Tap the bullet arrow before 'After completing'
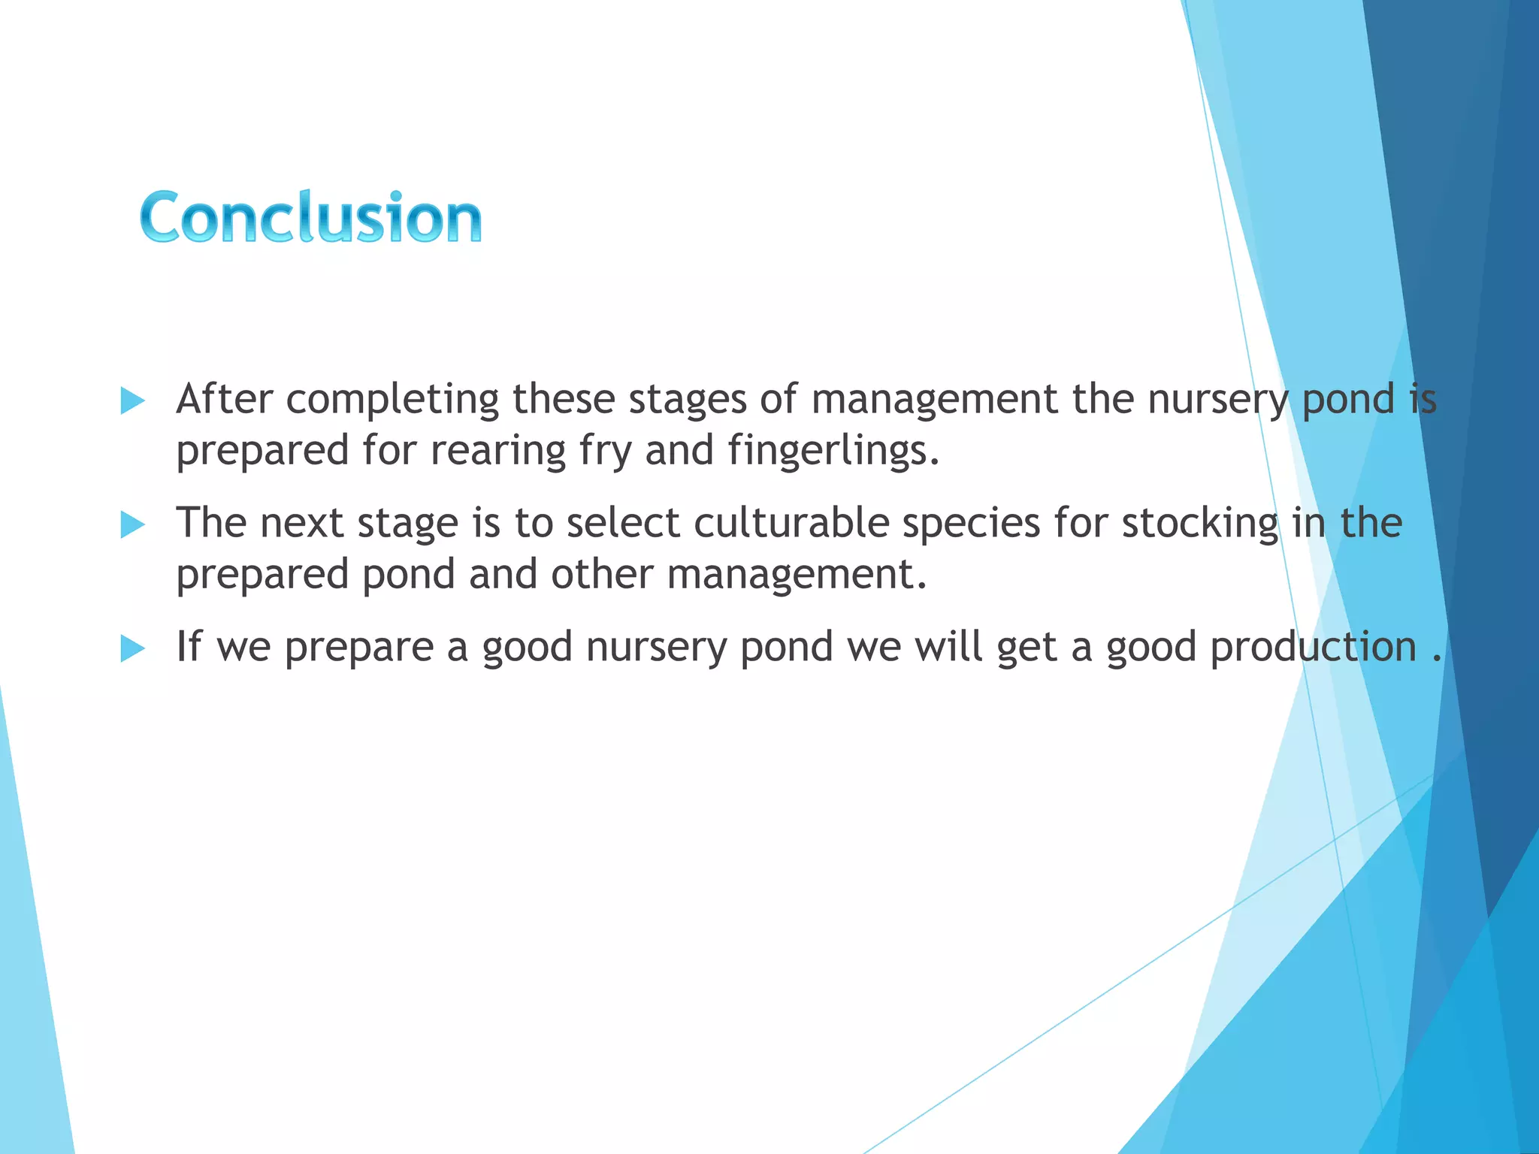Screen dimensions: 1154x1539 coord(132,401)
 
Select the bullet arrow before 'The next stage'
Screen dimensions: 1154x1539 coord(132,525)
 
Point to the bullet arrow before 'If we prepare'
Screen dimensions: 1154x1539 coord(132,649)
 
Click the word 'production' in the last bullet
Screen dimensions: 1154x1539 coord(1314,646)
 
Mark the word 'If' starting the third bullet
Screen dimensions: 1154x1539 coord(189,646)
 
